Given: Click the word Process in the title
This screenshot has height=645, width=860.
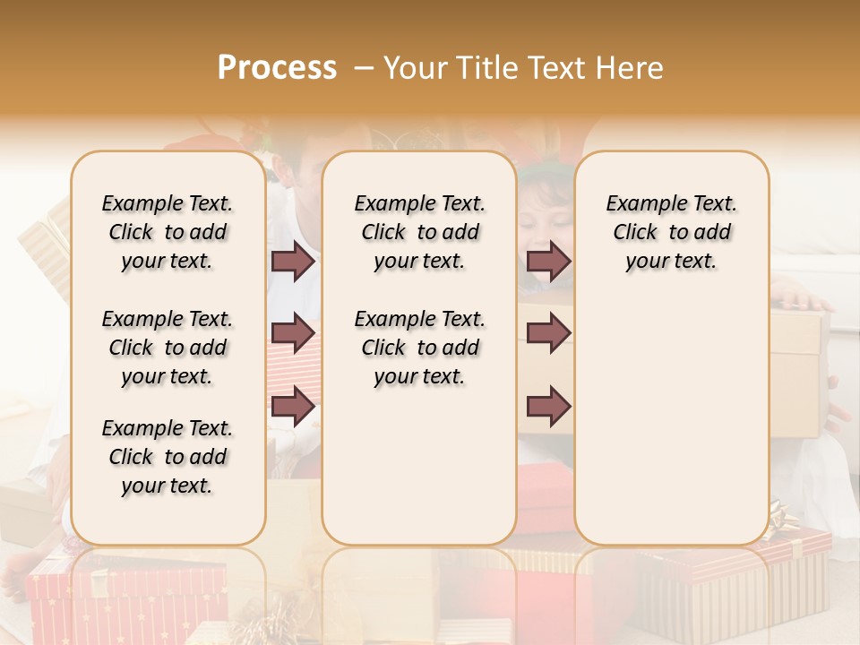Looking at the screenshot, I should tap(277, 68).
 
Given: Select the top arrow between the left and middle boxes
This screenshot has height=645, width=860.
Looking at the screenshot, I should tap(293, 261).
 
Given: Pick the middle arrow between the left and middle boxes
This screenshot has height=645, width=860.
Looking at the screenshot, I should tap(293, 334).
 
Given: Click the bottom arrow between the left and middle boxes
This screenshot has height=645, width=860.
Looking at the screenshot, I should tap(293, 407).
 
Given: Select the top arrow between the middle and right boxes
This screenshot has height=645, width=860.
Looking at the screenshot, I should tap(548, 261).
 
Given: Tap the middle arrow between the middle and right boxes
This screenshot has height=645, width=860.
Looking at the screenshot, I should tap(548, 334).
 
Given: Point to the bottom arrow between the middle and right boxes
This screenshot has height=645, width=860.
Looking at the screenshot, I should tap(548, 407).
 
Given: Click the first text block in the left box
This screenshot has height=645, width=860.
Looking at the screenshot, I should tap(168, 232).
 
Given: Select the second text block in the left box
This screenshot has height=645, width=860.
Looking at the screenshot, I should tap(168, 348).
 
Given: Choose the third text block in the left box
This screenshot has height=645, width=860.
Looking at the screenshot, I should tap(168, 457).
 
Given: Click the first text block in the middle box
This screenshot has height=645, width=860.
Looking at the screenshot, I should tap(419, 232).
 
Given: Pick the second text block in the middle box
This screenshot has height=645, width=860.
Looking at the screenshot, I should tap(419, 348).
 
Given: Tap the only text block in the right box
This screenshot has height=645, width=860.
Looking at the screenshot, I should tap(671, 232).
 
